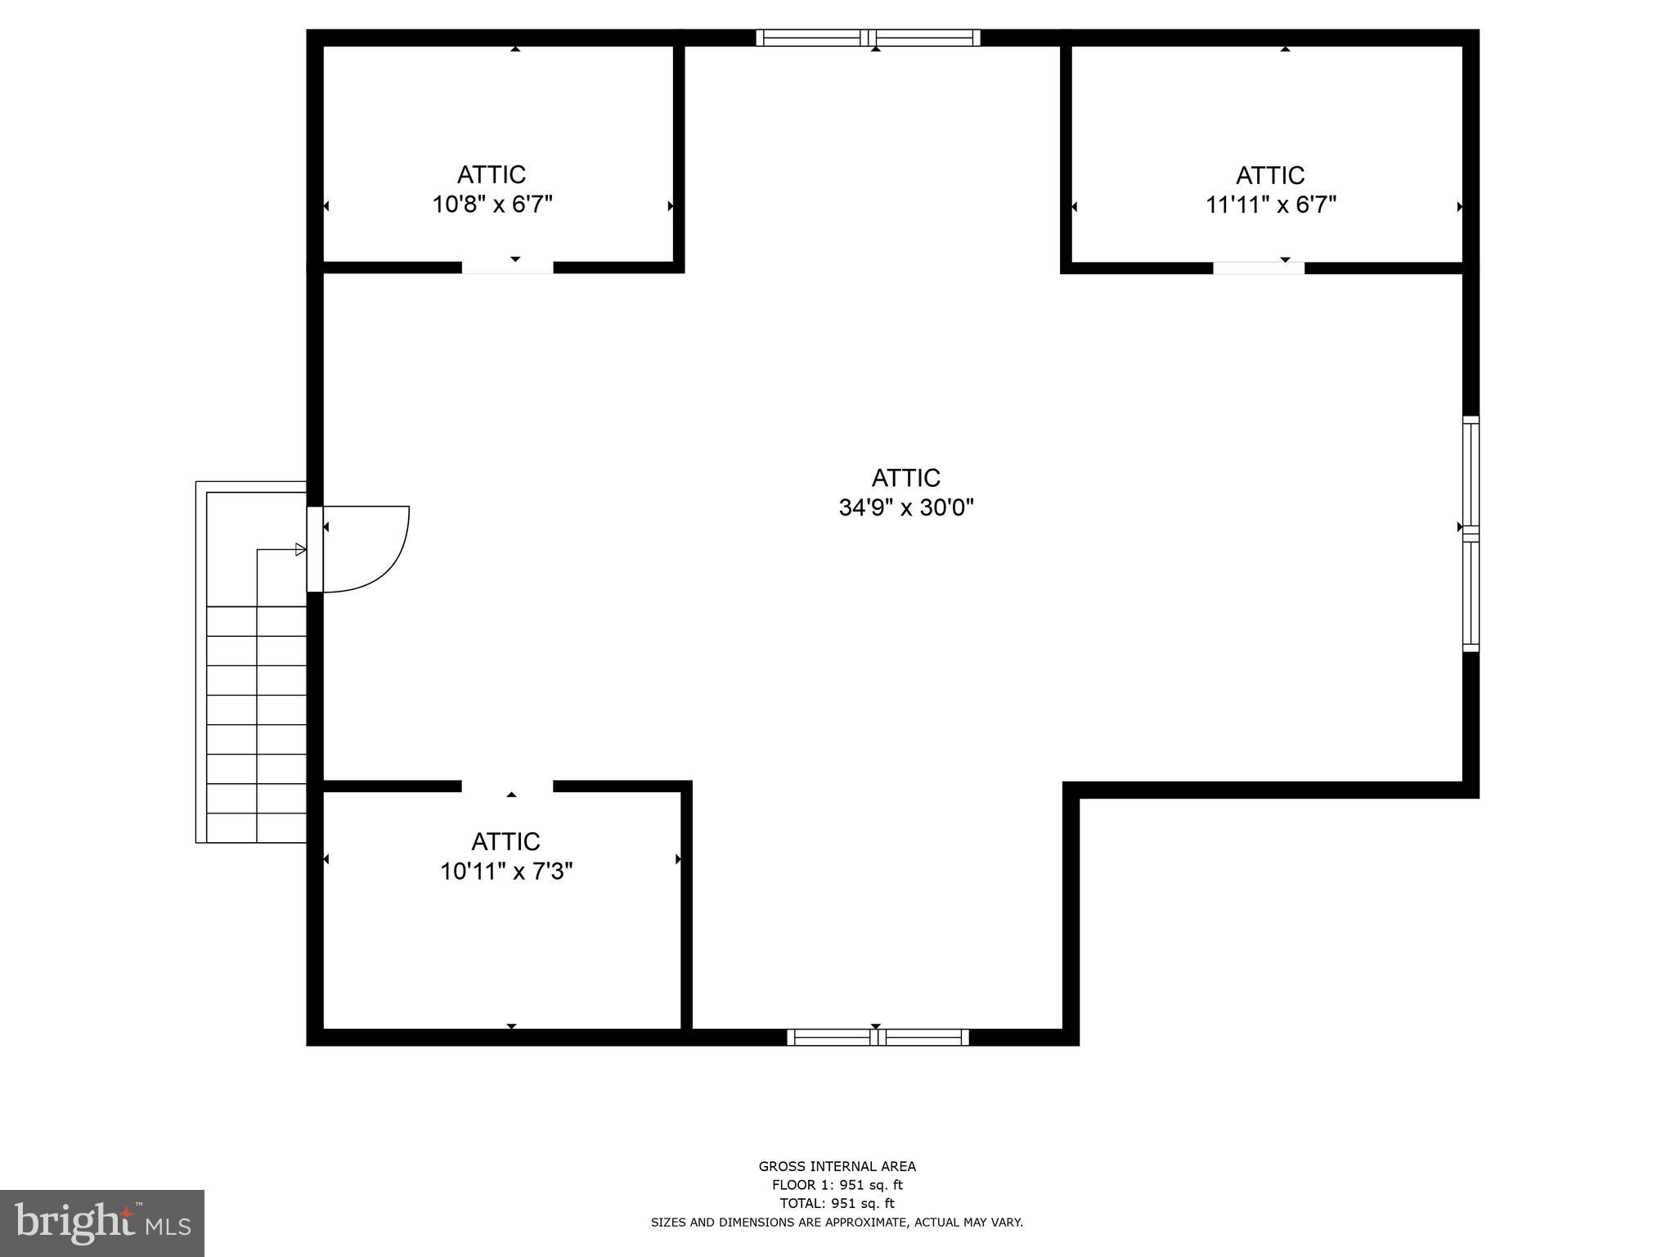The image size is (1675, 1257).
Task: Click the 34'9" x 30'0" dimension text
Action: click(906, 508)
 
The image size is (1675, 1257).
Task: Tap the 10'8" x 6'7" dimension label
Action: click(492, 205)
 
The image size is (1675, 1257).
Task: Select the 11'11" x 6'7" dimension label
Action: click(1271, 205)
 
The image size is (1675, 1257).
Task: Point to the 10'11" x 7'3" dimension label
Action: click(506, 872)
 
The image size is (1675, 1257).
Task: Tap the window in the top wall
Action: click(868, 38)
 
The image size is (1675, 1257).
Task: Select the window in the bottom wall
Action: click(878, 1038)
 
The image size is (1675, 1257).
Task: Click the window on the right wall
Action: click(1471, 534)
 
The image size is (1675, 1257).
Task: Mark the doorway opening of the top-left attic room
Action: click(507, 268)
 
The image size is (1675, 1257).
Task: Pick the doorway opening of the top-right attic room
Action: click(1258, 268)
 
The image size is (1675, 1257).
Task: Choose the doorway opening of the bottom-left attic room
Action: click(507, 786)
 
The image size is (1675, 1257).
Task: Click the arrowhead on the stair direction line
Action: click(300, 550)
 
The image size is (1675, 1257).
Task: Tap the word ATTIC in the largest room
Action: click(906, 478)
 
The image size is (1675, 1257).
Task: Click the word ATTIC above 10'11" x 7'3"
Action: click(506, 842)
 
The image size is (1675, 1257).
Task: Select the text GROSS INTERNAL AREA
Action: click(837, 1167)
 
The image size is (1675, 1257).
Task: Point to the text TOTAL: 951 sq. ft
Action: click(837, 1203)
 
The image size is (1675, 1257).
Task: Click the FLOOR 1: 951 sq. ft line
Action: click(837, 1185)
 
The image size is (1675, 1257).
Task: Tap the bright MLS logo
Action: click(101, 1223)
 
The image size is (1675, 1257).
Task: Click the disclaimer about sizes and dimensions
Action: click(837, 1223)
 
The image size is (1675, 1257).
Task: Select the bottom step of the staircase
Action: click(257, 827)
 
